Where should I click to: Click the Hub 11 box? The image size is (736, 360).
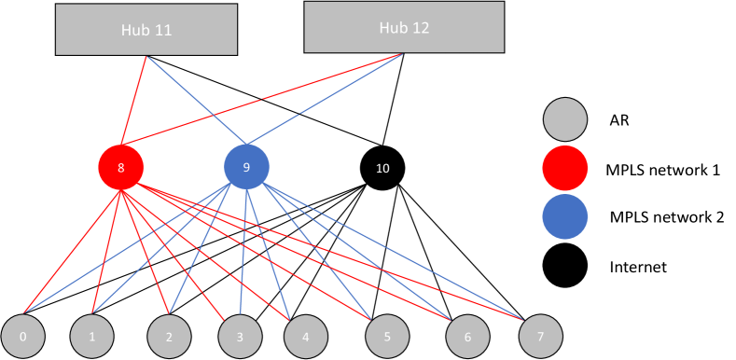pos(146,30)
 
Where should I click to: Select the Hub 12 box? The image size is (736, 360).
pos(404,27)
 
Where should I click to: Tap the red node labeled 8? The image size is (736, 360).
pos(121,168)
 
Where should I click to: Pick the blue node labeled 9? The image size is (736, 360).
pos(246,167)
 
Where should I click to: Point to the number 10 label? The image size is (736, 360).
pos(382,169)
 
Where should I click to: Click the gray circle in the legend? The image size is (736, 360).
pos(565,119)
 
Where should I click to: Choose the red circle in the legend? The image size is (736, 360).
pos(565,169)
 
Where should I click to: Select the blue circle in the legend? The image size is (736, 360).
pos(565,216)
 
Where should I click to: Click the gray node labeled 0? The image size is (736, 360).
pos(23,337)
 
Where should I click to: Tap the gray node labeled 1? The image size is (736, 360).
pos(92,337)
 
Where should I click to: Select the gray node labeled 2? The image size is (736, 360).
pos(170,337)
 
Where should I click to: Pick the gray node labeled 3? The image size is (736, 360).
pos(240,337)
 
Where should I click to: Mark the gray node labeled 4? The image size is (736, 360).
pos(306,337)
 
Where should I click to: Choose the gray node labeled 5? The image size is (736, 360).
pos(387,337)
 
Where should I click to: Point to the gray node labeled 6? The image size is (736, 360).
pos(467,337)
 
